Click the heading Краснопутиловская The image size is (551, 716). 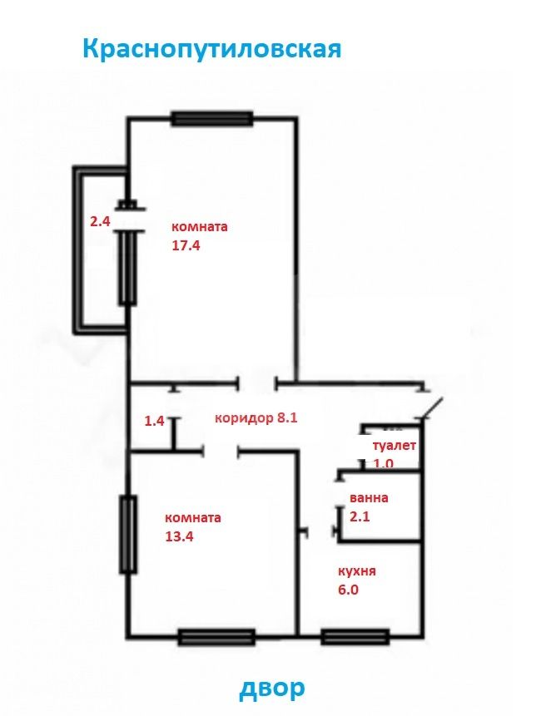pos(212,48)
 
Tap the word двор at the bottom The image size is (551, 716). pos(272,689)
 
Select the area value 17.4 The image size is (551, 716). pos(186,245)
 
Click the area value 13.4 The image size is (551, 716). pos(179,536)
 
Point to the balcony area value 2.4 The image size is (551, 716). pos(100,222)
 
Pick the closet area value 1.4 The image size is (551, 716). pos(154,421)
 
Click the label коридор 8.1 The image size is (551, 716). pos(256,417)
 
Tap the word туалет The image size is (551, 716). pos(395,446)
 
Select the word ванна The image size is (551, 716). pos(369,497)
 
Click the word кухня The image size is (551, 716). pos(357,571)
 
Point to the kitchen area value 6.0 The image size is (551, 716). pos(348,590)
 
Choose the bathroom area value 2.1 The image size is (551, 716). pos(360,516)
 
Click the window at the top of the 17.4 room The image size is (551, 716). pos(211,119)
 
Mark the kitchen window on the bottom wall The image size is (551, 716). pos(355,636)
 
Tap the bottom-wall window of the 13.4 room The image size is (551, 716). pos(216,636)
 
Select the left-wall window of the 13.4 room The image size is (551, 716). pos(128,534)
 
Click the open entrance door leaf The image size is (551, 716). pos(432,407)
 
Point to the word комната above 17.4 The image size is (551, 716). pos(199,227)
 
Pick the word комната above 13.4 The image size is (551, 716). pos(193,518)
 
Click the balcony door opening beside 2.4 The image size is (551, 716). pos(129,220)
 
